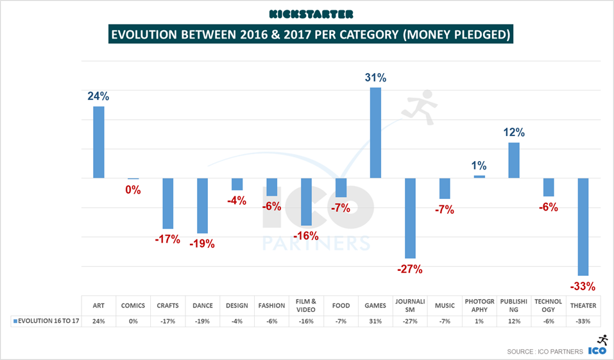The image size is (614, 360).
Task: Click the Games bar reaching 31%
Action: pyautogui.click(x=375, y=133)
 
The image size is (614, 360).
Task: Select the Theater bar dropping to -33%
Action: pyautogui.click(x=583, y=227)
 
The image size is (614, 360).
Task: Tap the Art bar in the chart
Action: pyautogui.click(x=98, y=142)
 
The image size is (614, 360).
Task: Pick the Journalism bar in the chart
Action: pyautogui.click(x=410, y=218)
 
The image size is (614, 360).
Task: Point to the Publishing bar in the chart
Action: pyautogui.click(x=514, y=160)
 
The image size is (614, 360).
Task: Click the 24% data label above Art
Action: pyautogui.click(x=98, y=96)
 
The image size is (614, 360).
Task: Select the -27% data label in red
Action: pyautogui.click(x=410, y=269)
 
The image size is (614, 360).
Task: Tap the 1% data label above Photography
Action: pyautogui.click(x=479, y=165)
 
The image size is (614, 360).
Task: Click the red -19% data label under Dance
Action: pyautogui.click(x=202, y=244)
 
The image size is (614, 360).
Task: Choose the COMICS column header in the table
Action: pyautogui.click(x=133, y=305)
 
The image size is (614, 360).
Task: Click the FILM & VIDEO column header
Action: pyautogui.click(x=306, y=305)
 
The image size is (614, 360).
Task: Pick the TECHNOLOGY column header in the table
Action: pyautogui.click(x=549, y=305)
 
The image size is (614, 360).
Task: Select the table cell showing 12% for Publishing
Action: pyautogui.click(x=514, y=321)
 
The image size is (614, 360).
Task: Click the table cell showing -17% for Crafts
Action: pyautogui.click(x=167, y=321)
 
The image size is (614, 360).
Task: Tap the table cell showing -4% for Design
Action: pyautogui.click(x=237, y=321)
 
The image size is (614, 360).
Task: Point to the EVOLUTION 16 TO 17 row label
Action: pyautogui.click(x=46, y=321)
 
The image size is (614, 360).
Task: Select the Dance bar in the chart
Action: pyautogui.click(x=202, y=205)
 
